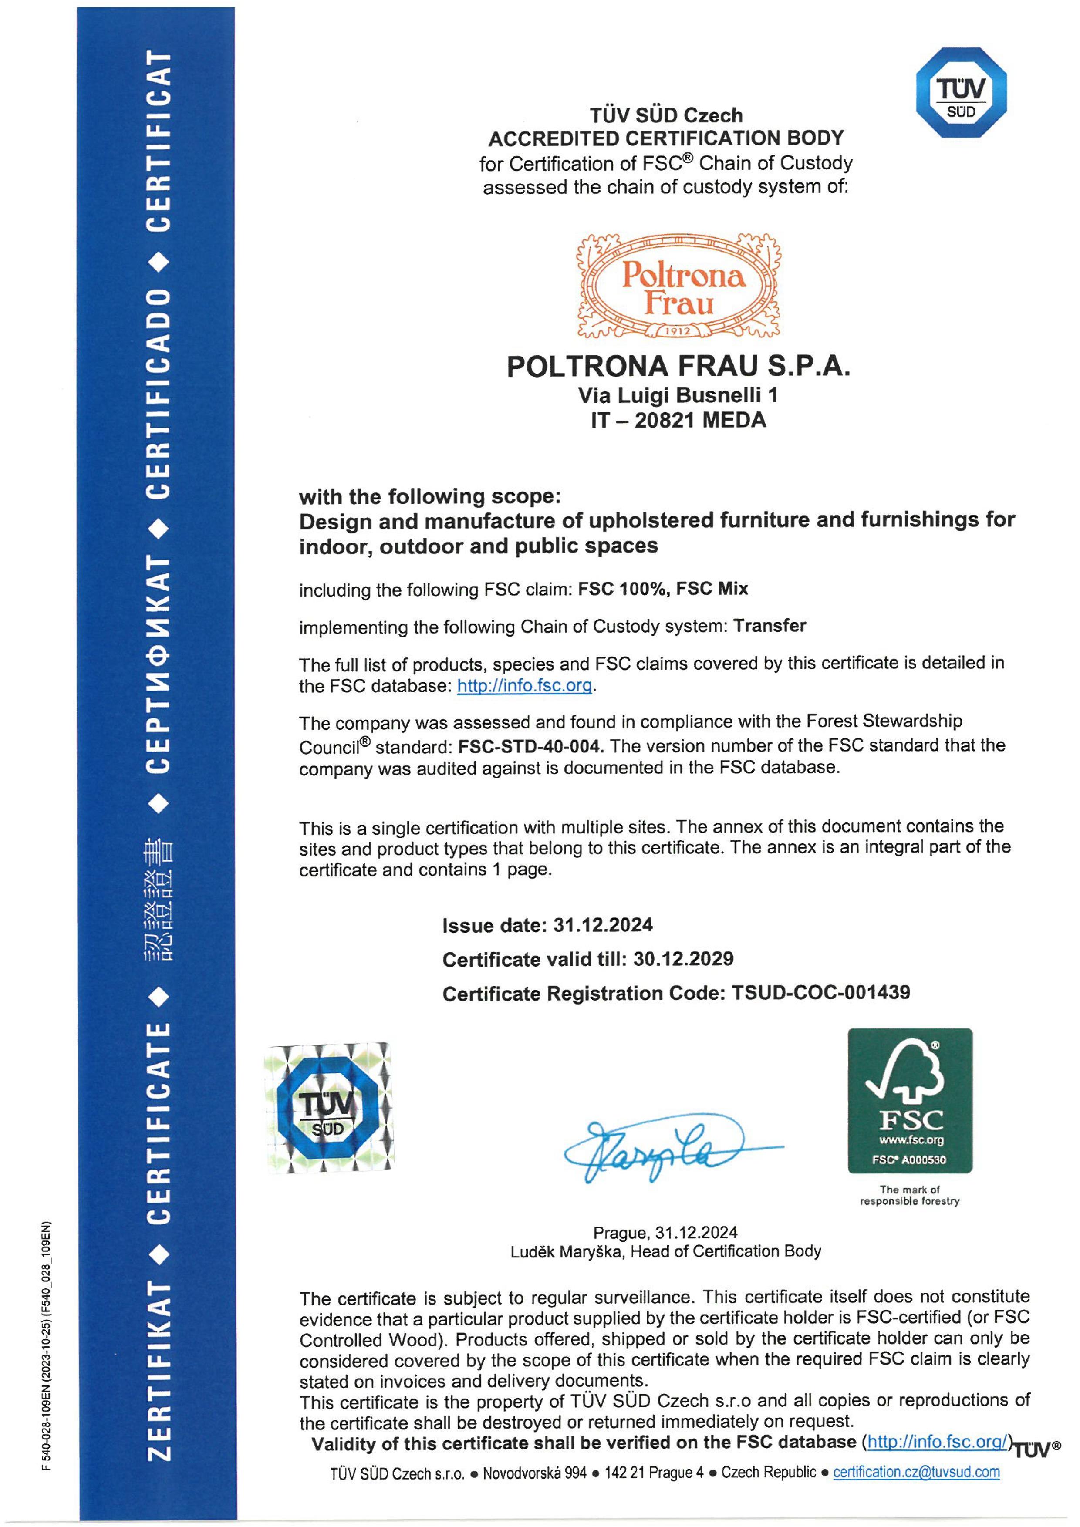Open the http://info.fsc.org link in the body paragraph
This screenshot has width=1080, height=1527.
(x=524, y=686)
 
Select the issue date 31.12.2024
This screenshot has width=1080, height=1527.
(x=603, y=925)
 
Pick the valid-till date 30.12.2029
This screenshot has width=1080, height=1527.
(x=684, y=959)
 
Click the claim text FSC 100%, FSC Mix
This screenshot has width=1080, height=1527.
(x=663, y=589)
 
